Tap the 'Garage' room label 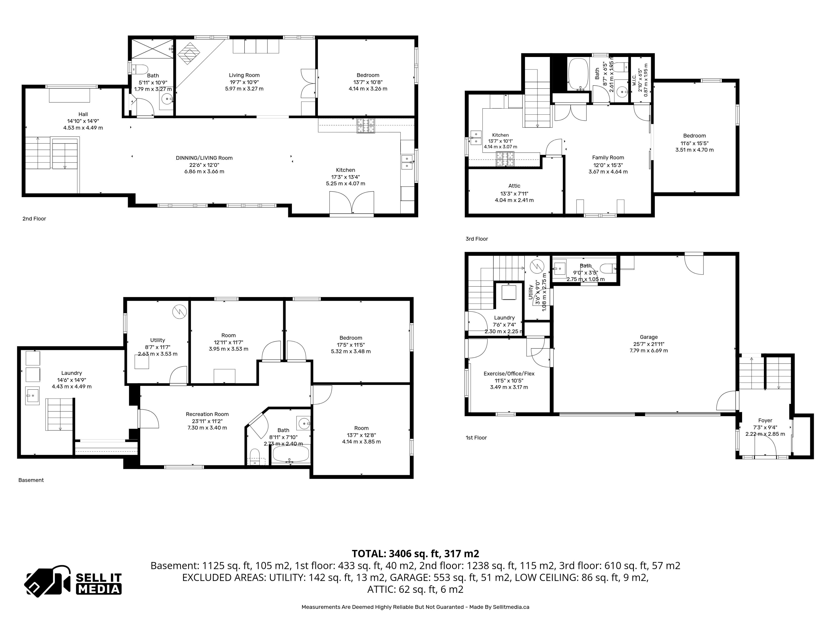coord(649,337)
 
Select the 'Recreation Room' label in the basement coord(207,414)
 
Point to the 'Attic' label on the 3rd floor coord(514,186)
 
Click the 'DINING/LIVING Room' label coord(204,158)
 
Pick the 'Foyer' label coord(765,421)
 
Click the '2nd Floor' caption coord(34,219)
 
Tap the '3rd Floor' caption coord(477,239)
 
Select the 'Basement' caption coord(31,480)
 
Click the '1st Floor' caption coord(476,437)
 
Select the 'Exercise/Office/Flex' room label coord(509,374)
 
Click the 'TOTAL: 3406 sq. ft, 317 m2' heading coord(415,554)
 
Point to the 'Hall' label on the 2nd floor coord(83,114)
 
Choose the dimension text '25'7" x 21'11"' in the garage coord(649,344)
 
